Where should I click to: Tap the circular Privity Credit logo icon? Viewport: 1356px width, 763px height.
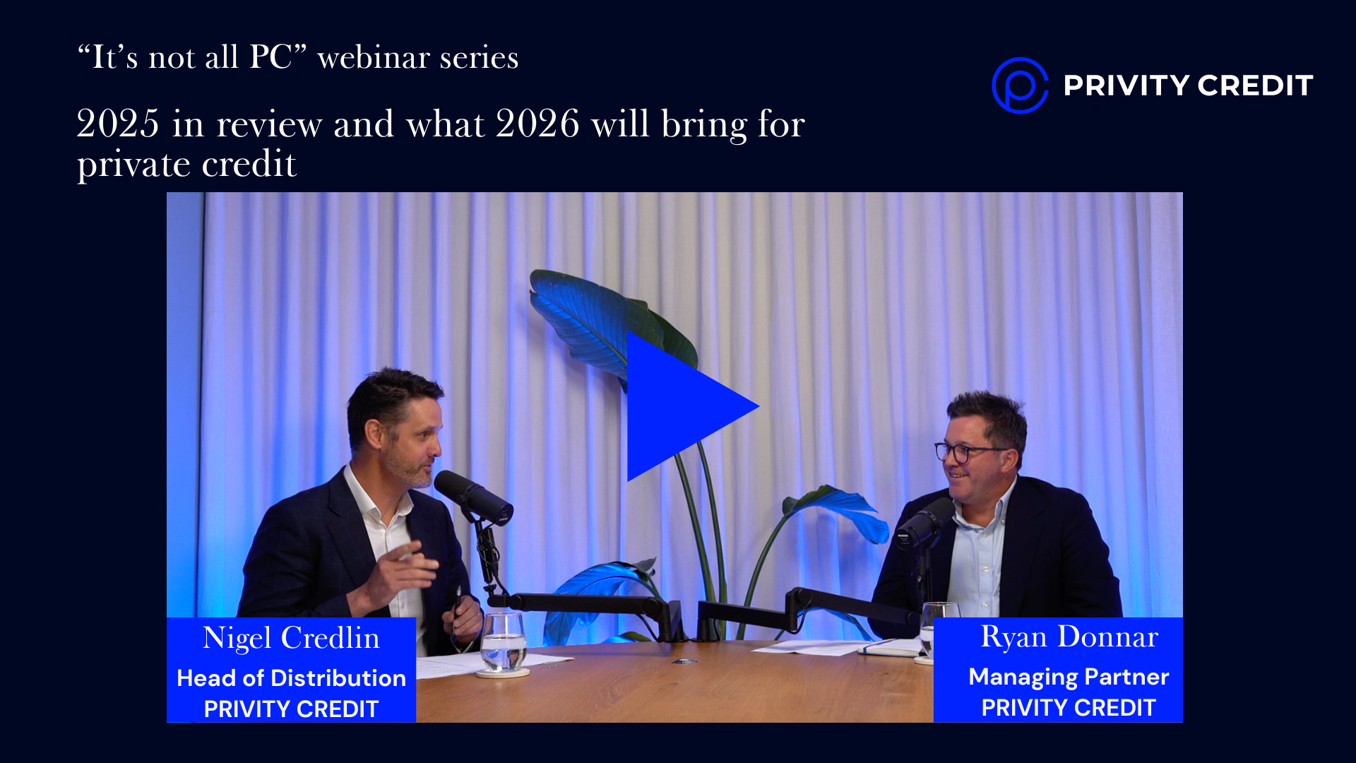click(1019, 85)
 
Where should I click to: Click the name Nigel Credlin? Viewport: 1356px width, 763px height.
click(291, 638)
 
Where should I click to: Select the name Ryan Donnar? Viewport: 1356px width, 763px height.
click(1069, 637)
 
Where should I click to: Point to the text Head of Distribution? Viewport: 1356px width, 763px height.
click(291, 678)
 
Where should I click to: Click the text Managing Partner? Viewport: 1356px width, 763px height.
click(1069, 677)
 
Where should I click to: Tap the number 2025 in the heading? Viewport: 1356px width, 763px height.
click(118, 124)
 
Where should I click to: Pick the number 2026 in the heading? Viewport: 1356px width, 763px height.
click(537, 124)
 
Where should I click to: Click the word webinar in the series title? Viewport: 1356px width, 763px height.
click(374, 57)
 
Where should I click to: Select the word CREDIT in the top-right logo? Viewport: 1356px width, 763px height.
click(1255, 85)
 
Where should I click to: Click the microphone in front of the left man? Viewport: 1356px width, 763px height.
click(473, 496)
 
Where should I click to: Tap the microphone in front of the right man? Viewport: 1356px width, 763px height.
click(924, 523)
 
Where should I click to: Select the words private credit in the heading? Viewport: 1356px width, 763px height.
click(186, 164)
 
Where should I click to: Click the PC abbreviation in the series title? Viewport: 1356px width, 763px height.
click(270, 57)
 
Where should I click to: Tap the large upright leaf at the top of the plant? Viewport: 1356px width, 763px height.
click(597, 318)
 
